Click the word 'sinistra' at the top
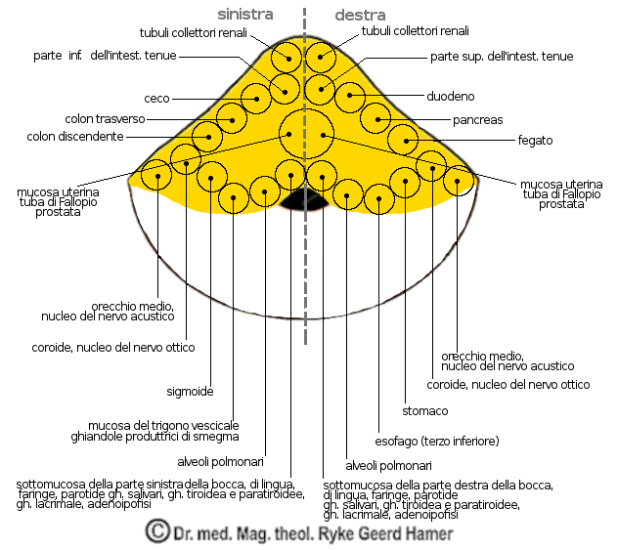pyautogui.click(x=244, y=15)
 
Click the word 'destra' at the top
pyautogui.click(x=361, y=15)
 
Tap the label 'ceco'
pyautogui.click(x=157, y=99)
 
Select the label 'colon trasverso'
pyautogui.click(x=105, y=119)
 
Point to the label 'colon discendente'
pyautogui.click(x=75, y=137)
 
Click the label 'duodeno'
pyautogui.click(x=450, y=97)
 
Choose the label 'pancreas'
pyautogui.click(x=478, y=120)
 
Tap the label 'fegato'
pyautogui.click(x=535, y=141)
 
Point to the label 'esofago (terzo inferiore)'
pyautogui.click(x=437, y=441)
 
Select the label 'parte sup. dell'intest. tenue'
pyautogui.click(x=501, y=57)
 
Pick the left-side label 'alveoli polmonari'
pyautogui.click(x=220, y=462)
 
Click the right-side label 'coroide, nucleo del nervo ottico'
pyautogui.click(x=508, y=385)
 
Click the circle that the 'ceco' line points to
pyautogui.click(x=256, y=98)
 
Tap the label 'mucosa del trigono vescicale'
pyautogui.click(x=162, y=426)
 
